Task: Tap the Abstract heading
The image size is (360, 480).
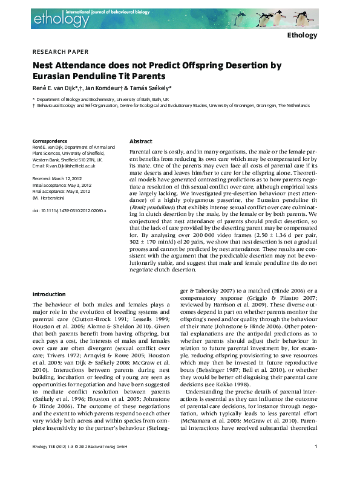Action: (x=141, y=140)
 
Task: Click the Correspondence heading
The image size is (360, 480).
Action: (x=50, y=141)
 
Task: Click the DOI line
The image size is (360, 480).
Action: (x=68, y=210)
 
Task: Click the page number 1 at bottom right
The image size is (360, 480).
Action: (x=316, y=464)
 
